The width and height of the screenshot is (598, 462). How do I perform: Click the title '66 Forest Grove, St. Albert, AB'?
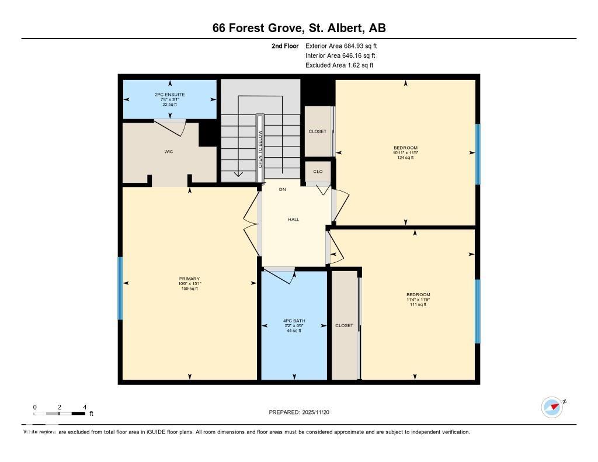298,28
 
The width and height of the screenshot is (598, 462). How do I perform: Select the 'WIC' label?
169,152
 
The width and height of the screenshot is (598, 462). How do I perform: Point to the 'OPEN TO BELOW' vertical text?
260,150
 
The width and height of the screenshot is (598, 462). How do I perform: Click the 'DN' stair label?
282,190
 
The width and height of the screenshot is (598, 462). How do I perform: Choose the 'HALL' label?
293,220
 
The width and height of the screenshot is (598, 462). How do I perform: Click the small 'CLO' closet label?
318,172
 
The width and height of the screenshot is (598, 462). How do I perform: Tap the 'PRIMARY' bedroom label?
189,279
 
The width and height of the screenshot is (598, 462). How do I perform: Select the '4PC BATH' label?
294,321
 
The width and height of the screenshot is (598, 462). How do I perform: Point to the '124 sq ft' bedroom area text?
405,158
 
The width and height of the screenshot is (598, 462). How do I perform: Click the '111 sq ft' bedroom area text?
418,304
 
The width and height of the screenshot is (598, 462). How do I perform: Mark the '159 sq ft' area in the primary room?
189,289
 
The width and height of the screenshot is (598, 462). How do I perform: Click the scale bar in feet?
60,414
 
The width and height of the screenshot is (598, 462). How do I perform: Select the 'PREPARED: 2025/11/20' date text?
303,412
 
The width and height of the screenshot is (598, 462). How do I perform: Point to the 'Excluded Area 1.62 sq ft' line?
339,65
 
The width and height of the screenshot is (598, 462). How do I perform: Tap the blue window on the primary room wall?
120,289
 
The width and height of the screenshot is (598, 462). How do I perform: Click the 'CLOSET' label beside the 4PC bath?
344,325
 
